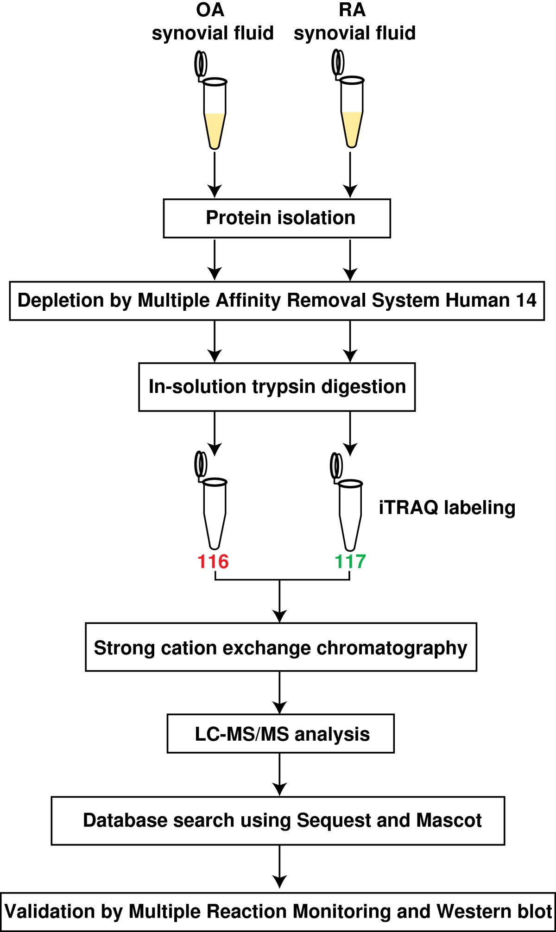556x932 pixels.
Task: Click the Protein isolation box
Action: click(x=277, y=218)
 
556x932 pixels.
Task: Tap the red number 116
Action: click(x=213, y=561)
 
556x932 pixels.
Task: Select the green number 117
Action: click(x=350, y=561)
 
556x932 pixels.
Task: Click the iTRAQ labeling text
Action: click(x=447, y=508)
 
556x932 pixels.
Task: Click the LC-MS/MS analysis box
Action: click(x=280, y=734)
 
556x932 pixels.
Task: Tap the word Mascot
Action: click(x=449, y=820)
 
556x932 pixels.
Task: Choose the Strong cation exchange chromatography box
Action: click(x=281, y=647)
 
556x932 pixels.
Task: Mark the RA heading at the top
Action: click(x=352, y=10)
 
